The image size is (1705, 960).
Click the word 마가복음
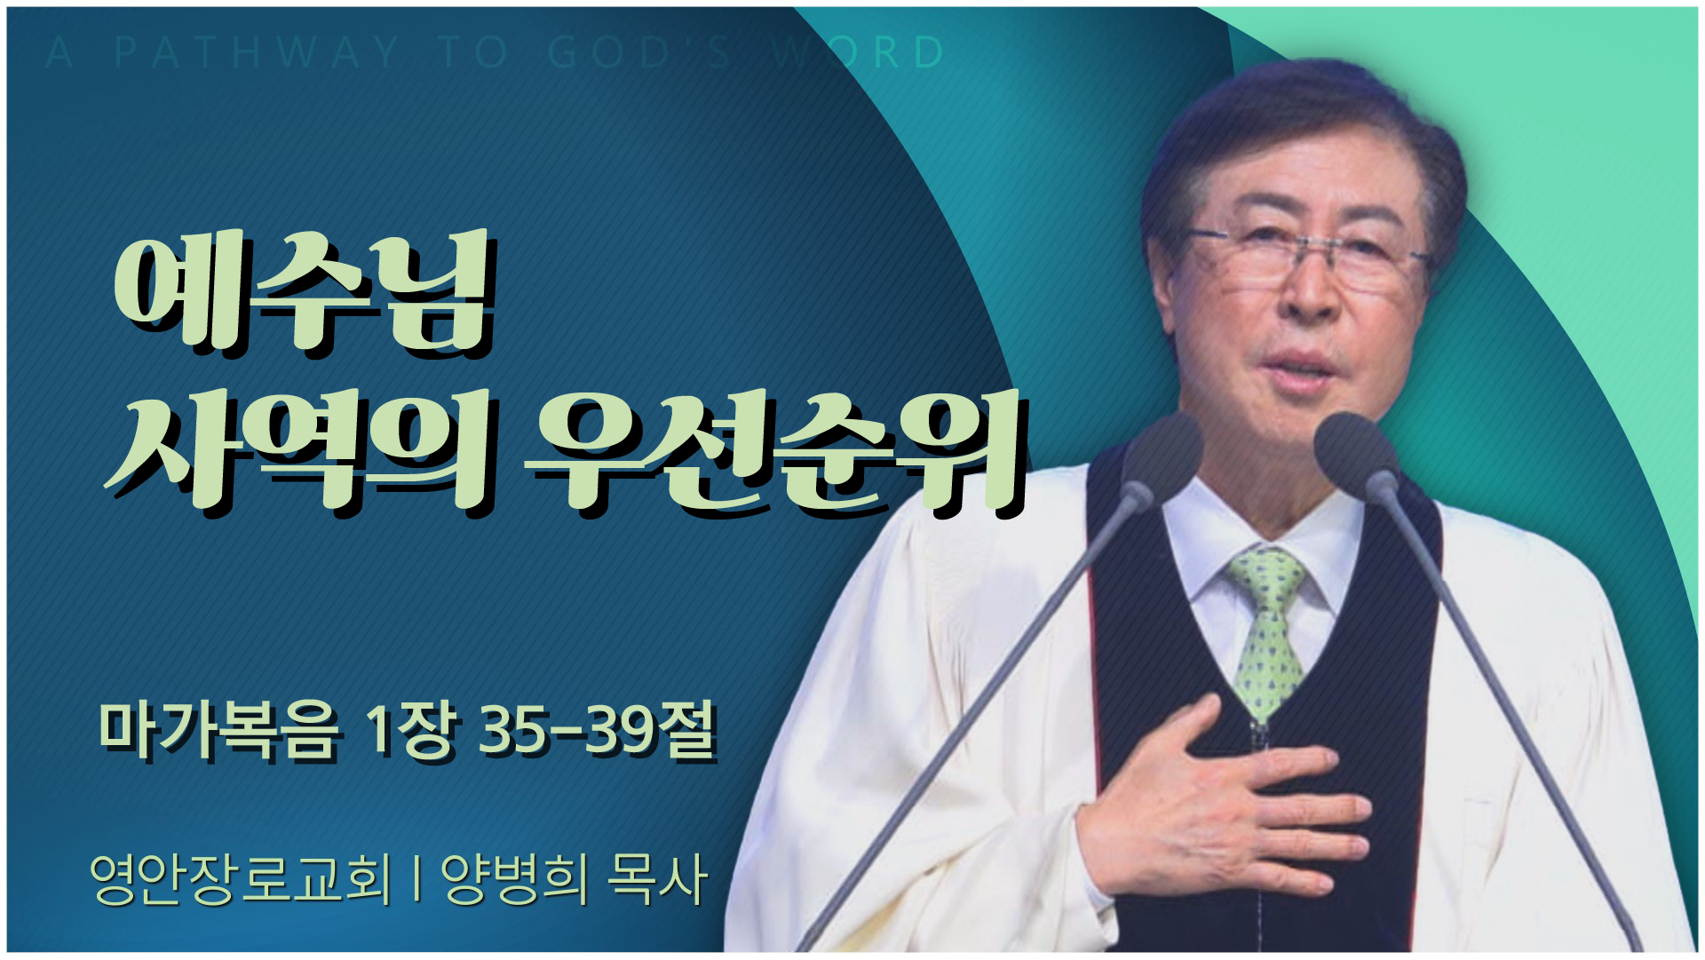coord(218,732)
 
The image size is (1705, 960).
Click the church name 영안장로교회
coord(240,878)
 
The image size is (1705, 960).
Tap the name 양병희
coord(515,878)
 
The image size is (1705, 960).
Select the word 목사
coord(656,878)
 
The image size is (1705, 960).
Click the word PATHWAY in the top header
coord(258,52)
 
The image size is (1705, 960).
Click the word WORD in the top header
coord(858,52)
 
